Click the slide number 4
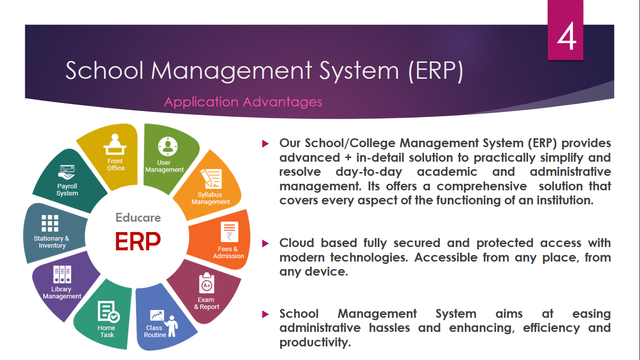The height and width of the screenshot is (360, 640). [566, 36]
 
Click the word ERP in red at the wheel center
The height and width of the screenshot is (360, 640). [138, 241]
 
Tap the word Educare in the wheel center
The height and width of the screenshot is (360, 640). [138, 217]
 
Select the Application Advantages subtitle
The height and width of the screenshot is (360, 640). [243, 102]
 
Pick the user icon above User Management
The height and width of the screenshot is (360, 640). [168, 147]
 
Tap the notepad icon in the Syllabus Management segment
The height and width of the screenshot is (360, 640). [211, 179]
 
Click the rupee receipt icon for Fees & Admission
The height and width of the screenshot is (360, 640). [230, 232]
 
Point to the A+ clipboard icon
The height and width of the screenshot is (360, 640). [207, 283]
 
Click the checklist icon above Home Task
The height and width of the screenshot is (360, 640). [109, 311]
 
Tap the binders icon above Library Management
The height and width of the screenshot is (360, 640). [62, 275]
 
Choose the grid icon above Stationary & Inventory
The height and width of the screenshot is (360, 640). [50, 223]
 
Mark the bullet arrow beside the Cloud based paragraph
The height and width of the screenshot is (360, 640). [266, 244]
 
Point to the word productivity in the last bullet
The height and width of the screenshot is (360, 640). [314, 342]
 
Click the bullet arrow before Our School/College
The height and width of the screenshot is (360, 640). [266, 143]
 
